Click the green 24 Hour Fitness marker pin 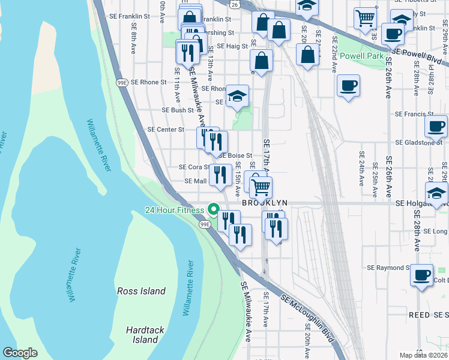click(x=213, y=210)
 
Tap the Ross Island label click(x=141, y=291)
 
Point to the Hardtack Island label click(x=142, y=335)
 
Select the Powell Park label click(x=361, y=56)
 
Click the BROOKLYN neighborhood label click(x=265, y=203)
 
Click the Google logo click(x=20, y=352)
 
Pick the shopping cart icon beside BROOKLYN click(x=261, y=187)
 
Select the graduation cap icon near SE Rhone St click(x=237, y=96)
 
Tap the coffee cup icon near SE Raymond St click(x=421, y=275)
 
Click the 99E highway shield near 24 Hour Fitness click(x=205, y=224)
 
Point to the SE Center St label click(x=165, y=129)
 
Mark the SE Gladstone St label click(x=418, y=143)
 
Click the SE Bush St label click(x=178, y=110)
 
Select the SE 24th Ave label click(x=361, y=170)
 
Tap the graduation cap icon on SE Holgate click(x=436, y=193)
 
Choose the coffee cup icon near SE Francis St click(x=436, y=126)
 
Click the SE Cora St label click(x=193, y=167)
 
